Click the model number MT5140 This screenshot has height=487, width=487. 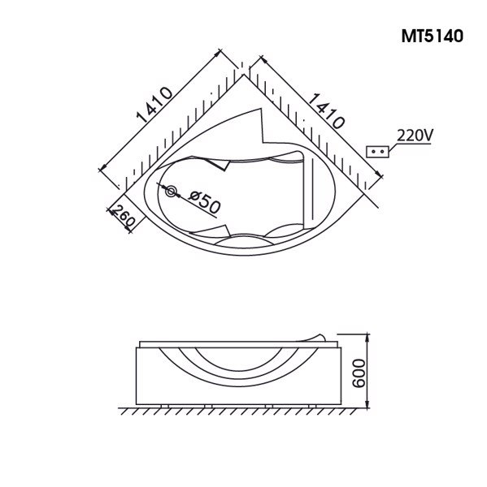[x=432, y=37]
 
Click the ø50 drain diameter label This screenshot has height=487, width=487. [x=203, y=200]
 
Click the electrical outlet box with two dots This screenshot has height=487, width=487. [x=376, y=152]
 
